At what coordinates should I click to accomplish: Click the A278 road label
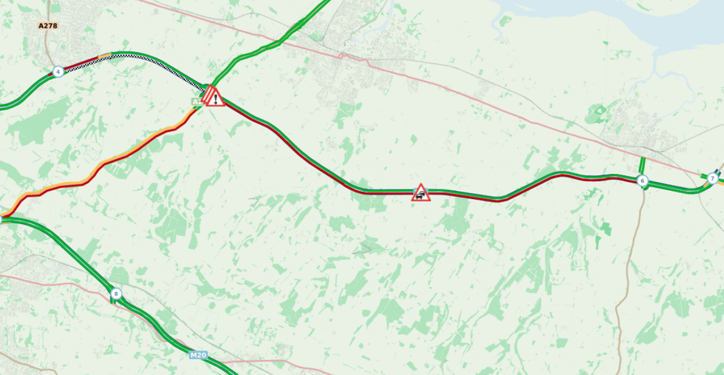[48, 26]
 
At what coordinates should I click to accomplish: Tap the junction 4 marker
[58, 72]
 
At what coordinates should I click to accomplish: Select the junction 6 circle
[642, 180]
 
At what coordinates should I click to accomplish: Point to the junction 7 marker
[712, 178]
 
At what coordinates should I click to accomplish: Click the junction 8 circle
[116, 294]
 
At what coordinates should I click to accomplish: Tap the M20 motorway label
[198, 355]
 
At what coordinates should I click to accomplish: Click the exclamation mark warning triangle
[215, 98]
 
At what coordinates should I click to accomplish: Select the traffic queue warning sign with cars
[420, 193]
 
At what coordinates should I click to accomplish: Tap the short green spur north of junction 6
[642, 165]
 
